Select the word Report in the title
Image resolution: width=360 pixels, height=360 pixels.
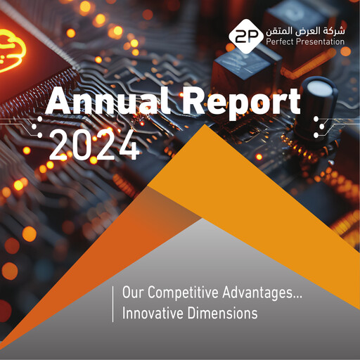pyautogui.click(x=238, y=104)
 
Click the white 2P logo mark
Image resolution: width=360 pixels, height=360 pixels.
pyautogui.click(x=245, y=37)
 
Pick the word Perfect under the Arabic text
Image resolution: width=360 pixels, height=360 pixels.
pyautogui.click(x=281, y=42)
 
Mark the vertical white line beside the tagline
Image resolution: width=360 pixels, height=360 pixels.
pyautogui.click(x=113, y=303)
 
